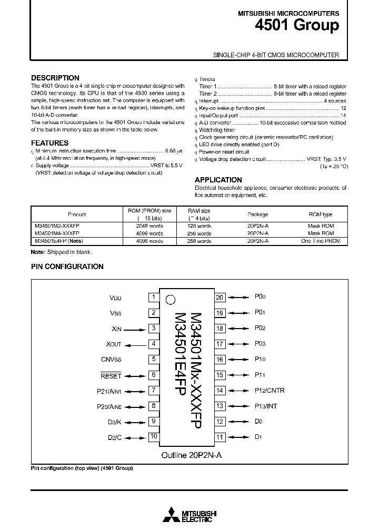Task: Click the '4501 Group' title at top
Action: pos(297,26)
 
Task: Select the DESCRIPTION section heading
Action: pos(55,78)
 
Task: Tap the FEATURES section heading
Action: pos(49,143)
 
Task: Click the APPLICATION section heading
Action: pos(218,180)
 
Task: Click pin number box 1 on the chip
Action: pos(153,298)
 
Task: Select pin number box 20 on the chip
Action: pos(220,298)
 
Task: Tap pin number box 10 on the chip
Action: pos(153,436)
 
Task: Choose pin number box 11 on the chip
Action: pos(220,437)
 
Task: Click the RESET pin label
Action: pos(111,375)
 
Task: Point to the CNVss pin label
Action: pos(111,360)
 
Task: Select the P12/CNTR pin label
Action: pos(270,391)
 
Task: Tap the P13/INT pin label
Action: pos(266,406)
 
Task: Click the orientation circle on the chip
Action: pos(170,300)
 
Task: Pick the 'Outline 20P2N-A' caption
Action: pos(191,456)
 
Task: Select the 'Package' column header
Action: pos(257,214)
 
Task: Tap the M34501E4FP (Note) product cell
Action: pos(58,241)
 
